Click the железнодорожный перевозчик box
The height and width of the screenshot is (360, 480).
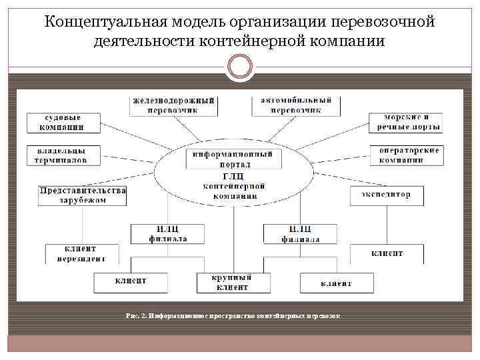174,105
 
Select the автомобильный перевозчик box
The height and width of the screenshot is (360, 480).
296,105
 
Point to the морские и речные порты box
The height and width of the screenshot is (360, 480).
405,123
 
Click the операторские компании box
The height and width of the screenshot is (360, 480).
405,155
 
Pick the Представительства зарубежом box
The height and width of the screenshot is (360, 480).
83,195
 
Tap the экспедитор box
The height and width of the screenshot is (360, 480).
387,195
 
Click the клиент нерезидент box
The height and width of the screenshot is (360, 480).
81,253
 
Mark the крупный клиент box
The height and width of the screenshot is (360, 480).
232,282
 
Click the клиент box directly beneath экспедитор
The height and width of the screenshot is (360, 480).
387,253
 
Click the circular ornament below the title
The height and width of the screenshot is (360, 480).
240,66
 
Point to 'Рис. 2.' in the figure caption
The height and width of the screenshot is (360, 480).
136,314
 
